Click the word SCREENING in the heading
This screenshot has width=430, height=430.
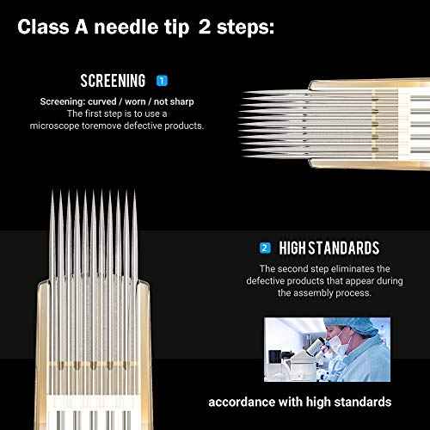(x=113, y=81)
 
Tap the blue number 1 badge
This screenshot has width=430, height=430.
(x=163, y=81)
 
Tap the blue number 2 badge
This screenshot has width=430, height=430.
(x=265, y=249)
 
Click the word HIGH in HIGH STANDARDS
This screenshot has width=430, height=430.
(x=298, y=249)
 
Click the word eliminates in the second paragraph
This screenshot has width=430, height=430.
(x=355, y=269)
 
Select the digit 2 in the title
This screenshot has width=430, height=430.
(x=196, y=28)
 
